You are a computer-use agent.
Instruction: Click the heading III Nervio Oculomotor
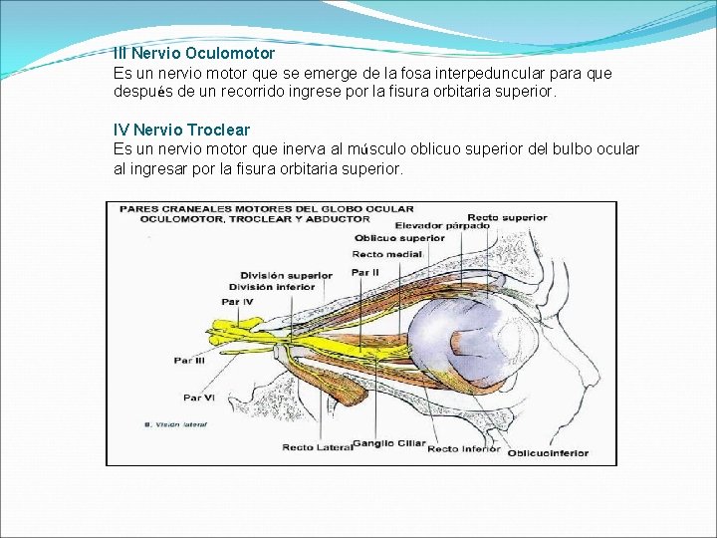click(194, 52)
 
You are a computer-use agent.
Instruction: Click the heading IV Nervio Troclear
click(181, 130)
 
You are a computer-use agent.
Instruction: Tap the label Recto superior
click(507, 217)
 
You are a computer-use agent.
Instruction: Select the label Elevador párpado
click(441, 226)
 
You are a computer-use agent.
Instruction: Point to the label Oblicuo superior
click(398, 238)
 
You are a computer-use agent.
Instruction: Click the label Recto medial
click(387, 255)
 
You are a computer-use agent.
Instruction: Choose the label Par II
click(365, 272)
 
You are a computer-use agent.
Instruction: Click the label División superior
click(286, 275)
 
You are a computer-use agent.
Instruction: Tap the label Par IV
click(237, 301)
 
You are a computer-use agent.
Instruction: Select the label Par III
click(190, 361)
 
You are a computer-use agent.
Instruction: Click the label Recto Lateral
click(317, 447)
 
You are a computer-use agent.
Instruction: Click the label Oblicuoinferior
click(548, 453)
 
